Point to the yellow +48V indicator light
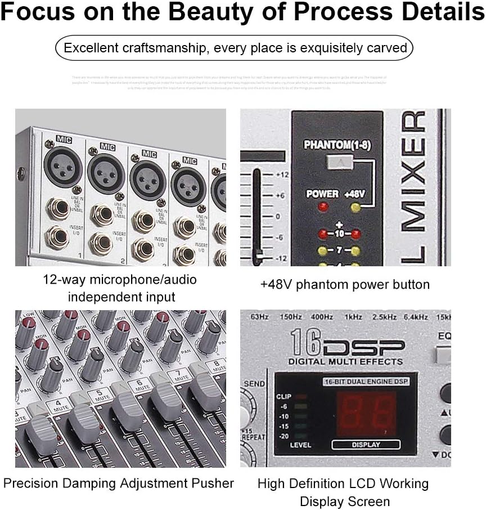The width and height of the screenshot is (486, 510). tap(355, 207)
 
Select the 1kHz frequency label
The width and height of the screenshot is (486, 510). tap(353, 317)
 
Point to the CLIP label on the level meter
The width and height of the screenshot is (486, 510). tap(284, 396)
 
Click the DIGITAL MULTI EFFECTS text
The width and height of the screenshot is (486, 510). tap(345, 361)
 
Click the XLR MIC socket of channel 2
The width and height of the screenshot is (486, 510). tap(105, 173)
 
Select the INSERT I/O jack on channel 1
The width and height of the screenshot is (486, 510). tap(57, 237)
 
